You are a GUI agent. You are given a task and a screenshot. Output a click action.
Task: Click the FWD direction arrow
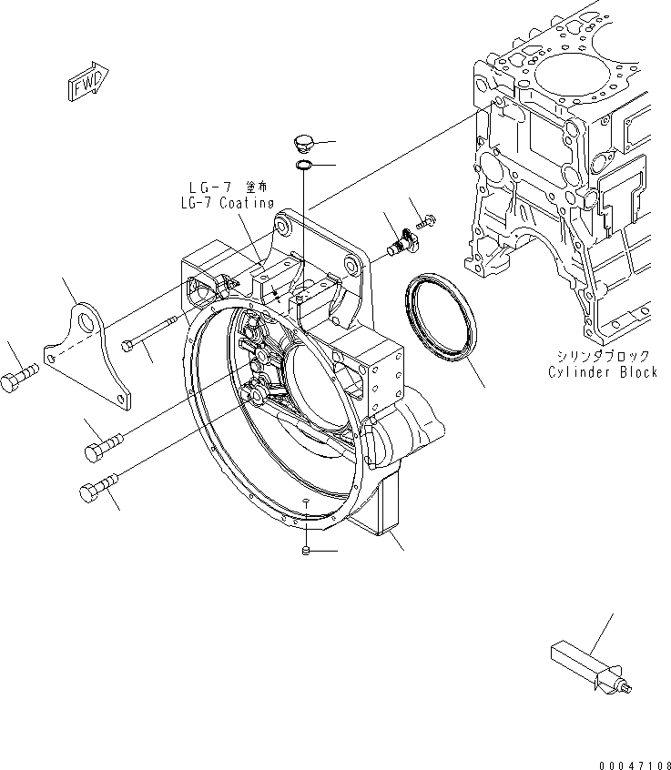[x=88, y=82]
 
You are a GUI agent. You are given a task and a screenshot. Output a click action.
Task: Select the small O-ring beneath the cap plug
[x=304, y=165]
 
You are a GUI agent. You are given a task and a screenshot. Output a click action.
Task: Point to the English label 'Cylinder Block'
[x=602, y=372]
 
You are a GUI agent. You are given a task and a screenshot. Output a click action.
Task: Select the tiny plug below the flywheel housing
[x=308, y=551]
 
